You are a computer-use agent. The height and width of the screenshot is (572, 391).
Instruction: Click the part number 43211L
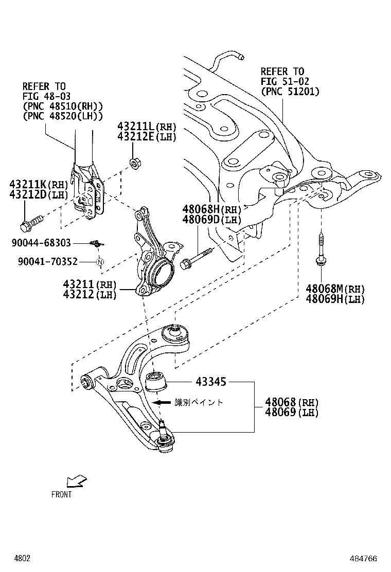coord(136,127)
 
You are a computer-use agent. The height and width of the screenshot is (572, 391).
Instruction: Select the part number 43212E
coord(136,137)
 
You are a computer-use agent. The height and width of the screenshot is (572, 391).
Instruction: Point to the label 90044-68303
coord(44,243)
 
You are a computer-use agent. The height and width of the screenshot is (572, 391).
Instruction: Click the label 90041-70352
coord(47,262)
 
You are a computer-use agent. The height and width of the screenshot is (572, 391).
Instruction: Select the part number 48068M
coord(324,289)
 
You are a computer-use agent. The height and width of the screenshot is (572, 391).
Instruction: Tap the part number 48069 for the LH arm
coord(281,412)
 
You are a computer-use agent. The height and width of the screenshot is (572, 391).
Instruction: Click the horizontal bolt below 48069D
coord(195,260)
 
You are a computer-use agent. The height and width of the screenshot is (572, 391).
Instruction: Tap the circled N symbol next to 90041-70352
coord(101,262)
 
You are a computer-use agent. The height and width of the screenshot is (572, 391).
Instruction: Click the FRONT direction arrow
coord(75,480)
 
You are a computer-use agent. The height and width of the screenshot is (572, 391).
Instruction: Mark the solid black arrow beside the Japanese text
coord(164,402)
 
